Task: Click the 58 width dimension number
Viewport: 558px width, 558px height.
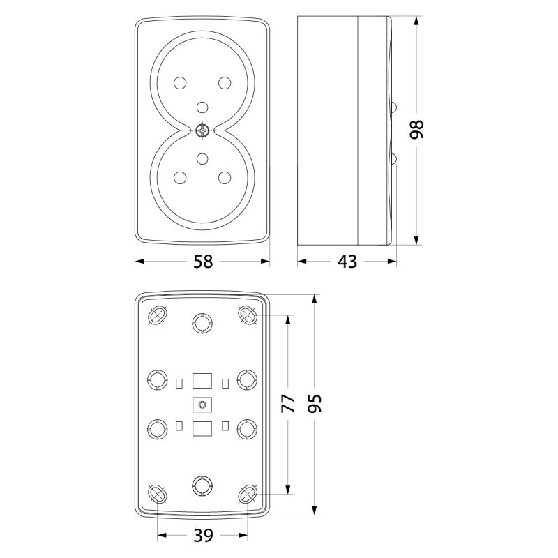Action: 203,262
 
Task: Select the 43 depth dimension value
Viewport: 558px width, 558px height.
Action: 347,262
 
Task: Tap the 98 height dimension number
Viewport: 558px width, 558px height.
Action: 416,130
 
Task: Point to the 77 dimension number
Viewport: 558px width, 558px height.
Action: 288,404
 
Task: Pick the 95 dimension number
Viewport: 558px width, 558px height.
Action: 315,404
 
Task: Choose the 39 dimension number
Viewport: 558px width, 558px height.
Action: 203,535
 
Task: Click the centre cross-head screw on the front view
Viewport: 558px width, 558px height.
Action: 202,130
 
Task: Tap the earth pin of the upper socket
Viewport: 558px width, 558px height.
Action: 202,107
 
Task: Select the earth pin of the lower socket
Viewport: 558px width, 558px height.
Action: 202,158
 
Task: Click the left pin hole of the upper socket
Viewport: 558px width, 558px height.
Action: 180,83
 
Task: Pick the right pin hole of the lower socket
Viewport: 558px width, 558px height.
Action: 225,178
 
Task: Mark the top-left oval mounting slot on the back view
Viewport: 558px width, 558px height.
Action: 158,315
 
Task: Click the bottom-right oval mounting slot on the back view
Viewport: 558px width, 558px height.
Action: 248,494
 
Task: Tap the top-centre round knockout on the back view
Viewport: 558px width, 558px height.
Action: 202,323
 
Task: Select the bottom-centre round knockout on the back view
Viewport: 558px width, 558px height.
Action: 202,485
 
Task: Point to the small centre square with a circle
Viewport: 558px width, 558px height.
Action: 202,405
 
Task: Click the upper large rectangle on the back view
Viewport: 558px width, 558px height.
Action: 202,381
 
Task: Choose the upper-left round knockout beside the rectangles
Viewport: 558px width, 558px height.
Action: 158,379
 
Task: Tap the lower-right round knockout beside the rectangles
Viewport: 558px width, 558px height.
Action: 248,429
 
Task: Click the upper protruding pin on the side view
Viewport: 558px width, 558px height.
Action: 393,107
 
